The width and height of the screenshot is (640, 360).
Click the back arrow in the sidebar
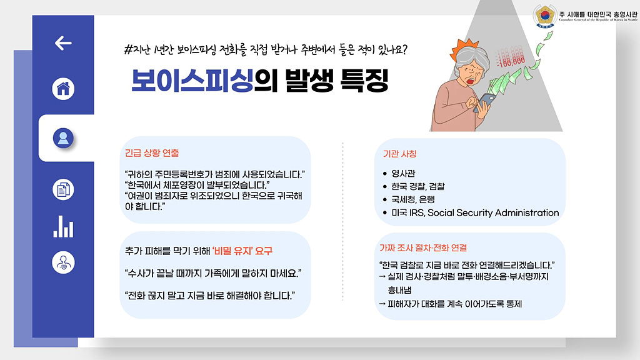[x=63, y=43]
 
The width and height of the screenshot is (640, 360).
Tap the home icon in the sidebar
[x=63, y=89]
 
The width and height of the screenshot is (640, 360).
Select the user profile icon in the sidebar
[x=63, y=138]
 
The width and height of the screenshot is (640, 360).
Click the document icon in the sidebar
[x=63, y=189]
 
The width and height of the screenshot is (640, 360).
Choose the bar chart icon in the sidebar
[x=63, y=226]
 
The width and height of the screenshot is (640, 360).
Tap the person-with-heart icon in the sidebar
[x=63, y=262]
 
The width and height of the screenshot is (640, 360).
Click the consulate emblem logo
[x=545, y=16]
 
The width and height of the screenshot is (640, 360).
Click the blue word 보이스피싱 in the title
[x=192, y=81]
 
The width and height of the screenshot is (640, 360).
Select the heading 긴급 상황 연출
[x=152, y=153]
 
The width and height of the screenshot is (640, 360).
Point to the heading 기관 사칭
[x=399, y=154]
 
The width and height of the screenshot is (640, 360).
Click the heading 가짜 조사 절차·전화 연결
[x=423, y=247]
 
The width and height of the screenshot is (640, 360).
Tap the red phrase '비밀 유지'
[x=232, y=251]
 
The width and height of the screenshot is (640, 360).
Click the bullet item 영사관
[x=403, y=174]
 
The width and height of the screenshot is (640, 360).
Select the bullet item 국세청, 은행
[x=413, y=199]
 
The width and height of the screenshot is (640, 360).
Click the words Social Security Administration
[x=493, y=212]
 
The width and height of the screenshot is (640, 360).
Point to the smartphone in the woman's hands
[x=484, y=102]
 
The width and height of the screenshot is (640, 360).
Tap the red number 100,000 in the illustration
[x=511, y=62]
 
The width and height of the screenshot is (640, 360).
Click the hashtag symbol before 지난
[x=128, y=50]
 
